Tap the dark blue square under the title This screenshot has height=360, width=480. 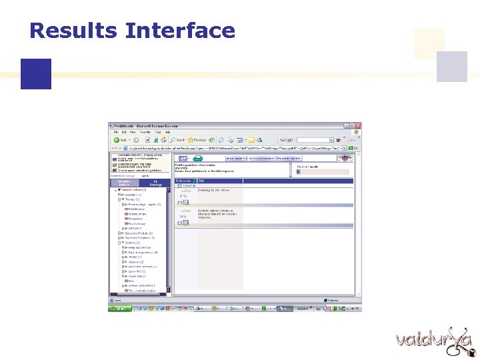(35, 73)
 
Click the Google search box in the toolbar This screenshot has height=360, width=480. (313, 140)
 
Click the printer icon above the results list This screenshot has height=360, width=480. (197, 158)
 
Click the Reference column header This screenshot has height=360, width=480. (183, 181)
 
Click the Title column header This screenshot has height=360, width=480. (201, 181)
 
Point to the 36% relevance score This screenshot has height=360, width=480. (183, 216)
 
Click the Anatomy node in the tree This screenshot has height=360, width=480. (130, 243)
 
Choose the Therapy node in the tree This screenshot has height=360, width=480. (129, 199)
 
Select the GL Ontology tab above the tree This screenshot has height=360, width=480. (155, 183)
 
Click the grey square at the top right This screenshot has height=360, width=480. (451, 67)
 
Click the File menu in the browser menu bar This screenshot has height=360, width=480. (115, 132)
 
